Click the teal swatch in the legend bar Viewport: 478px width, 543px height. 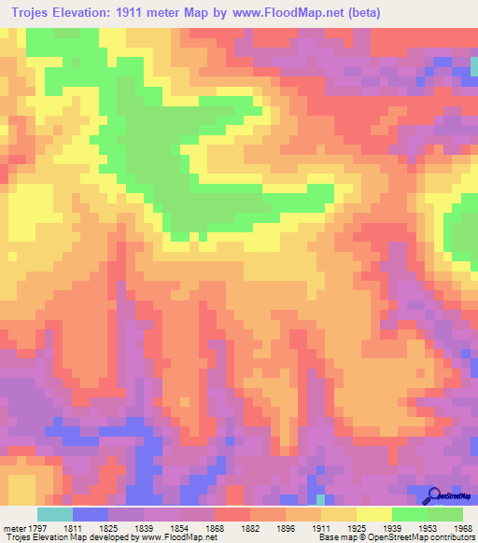pyautogui.click(x=54, y=514)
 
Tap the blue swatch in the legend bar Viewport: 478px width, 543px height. pyautogui.click(x=90, y=514)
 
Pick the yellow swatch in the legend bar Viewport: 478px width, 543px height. pyautogui.click(x=373, y=514)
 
